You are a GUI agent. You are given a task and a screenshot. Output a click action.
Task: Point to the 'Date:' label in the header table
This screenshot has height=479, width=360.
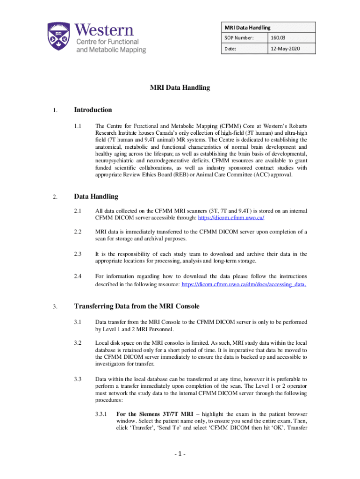231,48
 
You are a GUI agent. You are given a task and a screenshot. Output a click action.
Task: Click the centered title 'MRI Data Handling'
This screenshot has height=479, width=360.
180,87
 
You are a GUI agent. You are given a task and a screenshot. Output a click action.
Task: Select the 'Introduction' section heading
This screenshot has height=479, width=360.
93,110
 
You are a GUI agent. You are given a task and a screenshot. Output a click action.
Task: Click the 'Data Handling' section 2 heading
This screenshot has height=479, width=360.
96,196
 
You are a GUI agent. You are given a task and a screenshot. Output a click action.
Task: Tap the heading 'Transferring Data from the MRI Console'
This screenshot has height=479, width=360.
137,306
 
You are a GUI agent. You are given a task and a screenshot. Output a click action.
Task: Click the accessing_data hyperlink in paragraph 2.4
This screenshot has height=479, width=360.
244,284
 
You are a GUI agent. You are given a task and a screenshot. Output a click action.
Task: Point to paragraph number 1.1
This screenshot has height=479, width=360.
78,126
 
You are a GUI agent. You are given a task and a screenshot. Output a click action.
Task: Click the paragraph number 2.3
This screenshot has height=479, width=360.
78,254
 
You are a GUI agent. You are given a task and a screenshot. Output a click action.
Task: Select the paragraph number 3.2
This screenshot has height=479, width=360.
78,343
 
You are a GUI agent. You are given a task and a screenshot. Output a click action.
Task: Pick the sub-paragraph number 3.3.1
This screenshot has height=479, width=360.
100,414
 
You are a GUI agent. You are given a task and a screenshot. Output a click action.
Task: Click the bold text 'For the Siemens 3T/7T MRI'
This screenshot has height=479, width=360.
153,414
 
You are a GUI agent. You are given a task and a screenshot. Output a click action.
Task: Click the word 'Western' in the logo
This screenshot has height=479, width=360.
104,31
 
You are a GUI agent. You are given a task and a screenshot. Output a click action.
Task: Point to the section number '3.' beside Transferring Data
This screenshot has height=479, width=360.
55,307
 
